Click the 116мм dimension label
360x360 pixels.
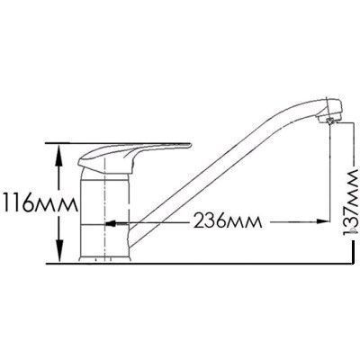click(39, 205)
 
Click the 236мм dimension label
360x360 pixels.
click(228, 222)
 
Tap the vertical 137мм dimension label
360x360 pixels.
click(351, 201)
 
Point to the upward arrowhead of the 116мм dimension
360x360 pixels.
click(59, 155)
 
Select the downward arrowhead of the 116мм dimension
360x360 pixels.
click(60, 251)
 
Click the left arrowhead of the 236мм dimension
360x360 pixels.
click(111, 223)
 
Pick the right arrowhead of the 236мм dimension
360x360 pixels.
click(321, 221)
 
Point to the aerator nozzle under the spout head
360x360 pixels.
click(330, 121)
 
